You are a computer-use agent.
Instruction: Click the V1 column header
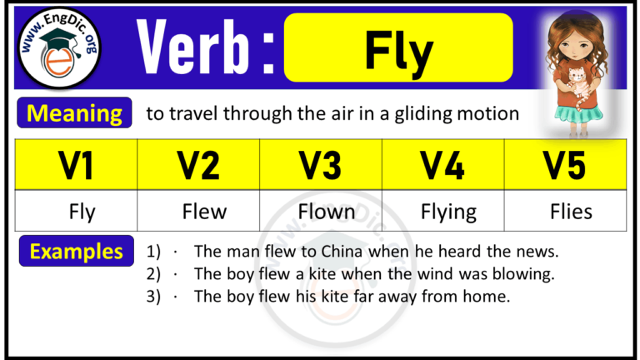pos(76,164)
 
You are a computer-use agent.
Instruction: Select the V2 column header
pos(198,164)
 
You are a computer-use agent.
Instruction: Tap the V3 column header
pos(321,164)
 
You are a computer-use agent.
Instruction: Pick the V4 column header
pos(442,164)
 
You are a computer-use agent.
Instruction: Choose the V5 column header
pos(565,164)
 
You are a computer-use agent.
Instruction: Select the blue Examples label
pos(77,251)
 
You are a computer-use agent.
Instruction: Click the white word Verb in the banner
pos(194,47)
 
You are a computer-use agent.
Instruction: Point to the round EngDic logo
pos(59,48)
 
